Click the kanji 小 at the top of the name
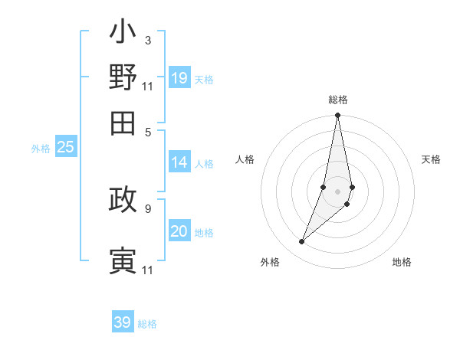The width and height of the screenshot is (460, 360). pos(123,34)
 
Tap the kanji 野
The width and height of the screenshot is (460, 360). pos(123,77)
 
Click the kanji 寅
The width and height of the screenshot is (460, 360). pos(123,260)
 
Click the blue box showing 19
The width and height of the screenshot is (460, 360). pos(179,78)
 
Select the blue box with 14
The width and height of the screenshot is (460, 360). pos(179,162)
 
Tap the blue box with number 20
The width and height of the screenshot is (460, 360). pos(179,231)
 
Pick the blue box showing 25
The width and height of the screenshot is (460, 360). pos(66,148)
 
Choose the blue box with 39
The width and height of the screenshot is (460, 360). pos(123,322)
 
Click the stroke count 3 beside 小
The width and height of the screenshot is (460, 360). pos(147,40)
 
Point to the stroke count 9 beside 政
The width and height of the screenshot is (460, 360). pos(147,208)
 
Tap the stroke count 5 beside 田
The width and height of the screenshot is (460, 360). pos(147,131)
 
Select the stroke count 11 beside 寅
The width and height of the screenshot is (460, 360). pos(147,270)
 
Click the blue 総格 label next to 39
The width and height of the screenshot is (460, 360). pos(147,324)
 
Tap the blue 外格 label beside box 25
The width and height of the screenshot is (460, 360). pos(41,149)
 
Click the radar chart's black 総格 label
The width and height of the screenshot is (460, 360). pos(338,100)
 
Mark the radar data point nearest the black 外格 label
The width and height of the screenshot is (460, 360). pos(302,242)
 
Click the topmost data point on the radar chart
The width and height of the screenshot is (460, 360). pos(337,116)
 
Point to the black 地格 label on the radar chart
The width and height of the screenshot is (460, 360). pos(402,262)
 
